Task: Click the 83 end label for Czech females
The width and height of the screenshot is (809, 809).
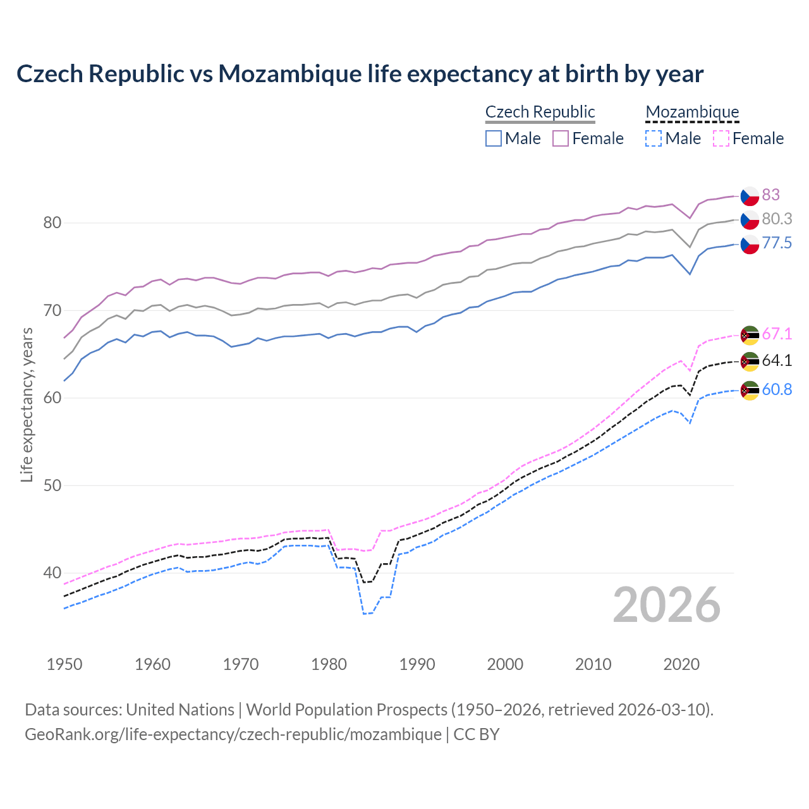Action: pyautogui.click(x=770, y=195)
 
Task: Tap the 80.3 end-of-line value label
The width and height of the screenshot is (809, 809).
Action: pyautogui.click(x=777, y=219)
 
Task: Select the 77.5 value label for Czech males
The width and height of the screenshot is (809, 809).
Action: pyautogui.click(x=777, y=243)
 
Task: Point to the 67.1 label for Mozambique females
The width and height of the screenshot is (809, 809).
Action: pyautogui.click(x=777, y=334)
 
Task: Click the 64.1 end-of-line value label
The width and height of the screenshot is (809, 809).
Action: pyautogui.click(x=777, y=360)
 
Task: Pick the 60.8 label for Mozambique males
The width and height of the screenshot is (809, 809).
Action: pyautogui.click(x=777, y=389)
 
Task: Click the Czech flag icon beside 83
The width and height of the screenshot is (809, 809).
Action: pyautogui.click(x=750, y=196)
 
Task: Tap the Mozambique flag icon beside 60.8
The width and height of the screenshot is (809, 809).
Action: pyautogui.click(x=750, y=390)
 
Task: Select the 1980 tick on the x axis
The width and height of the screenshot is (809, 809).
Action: pyautogui.click(x=329, y=664)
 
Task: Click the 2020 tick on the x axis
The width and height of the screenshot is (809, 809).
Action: pyautogui.click(x=681, y=664)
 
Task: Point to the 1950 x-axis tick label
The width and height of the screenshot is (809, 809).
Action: pyautogui.click(x=64, y=664)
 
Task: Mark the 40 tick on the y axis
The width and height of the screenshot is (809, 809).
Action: pyautogui.click(x=52, y=573)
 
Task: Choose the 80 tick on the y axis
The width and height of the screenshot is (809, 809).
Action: pyautogui.click(x=52, y=222)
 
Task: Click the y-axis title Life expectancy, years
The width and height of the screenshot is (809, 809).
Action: pyautogui.click(x=27, y=404)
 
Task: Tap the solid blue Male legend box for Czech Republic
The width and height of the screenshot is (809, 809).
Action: pyautogui.click(x=494, y=138)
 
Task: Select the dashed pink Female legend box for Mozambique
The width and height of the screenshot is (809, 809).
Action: pyautogui.click(x=721, y=138)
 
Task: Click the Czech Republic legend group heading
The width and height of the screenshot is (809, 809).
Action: pyautogui.click(x=540, y=112)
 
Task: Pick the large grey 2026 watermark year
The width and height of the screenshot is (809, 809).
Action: pyautogui.click(x=667, y=605)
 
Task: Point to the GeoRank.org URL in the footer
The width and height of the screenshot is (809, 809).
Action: pyautogui.click(x=233, y=734)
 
